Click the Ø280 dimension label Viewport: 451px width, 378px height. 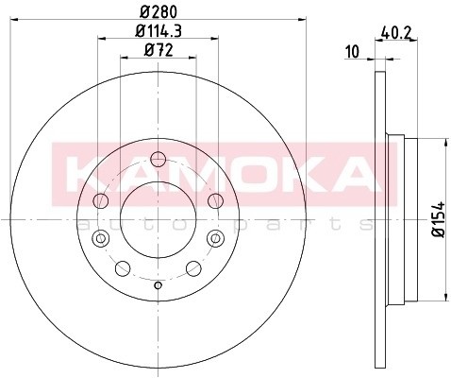pos(157,11)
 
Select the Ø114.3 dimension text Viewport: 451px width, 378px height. pos(157,31)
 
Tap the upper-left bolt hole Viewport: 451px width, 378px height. pos(101,198)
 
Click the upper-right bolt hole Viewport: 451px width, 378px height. pos(215,198)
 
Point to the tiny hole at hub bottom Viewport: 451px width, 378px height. pos(158,283)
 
